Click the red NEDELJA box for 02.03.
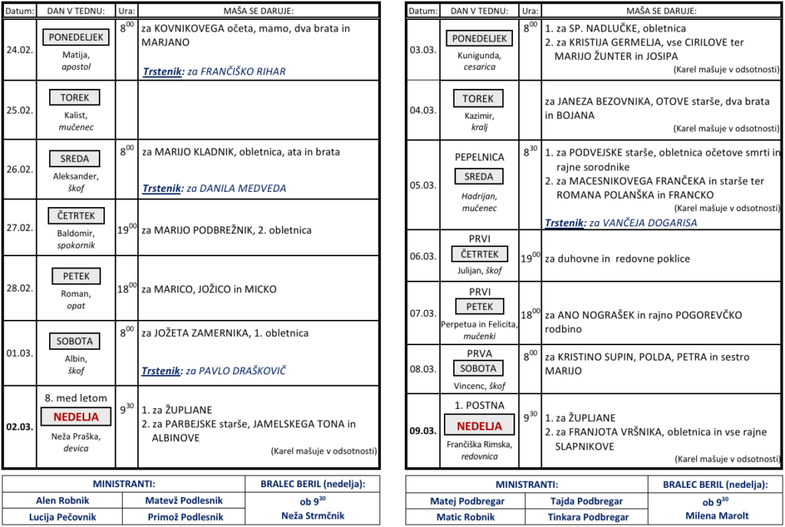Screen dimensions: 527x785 point(76,417)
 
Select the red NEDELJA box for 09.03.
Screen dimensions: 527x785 point(480,426)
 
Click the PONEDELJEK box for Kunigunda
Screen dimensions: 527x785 point(480,38)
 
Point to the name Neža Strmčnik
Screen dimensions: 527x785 point(313,515)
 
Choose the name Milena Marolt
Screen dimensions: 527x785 point(718,515)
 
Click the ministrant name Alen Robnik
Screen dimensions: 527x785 point(62,500)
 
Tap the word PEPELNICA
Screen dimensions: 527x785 point(479,156)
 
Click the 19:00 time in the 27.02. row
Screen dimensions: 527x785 point(126,229)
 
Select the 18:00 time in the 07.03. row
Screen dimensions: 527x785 point(530,314)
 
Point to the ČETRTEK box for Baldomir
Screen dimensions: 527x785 point(76,216)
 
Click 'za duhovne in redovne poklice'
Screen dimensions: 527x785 point(617,259)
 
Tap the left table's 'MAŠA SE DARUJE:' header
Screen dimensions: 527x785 point(258,11)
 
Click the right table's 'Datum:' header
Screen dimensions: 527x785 point(422,11)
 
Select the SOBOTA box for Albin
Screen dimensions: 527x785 point(75,341)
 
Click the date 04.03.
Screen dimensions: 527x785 point(422,110)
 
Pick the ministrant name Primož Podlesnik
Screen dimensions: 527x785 point(185,517)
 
